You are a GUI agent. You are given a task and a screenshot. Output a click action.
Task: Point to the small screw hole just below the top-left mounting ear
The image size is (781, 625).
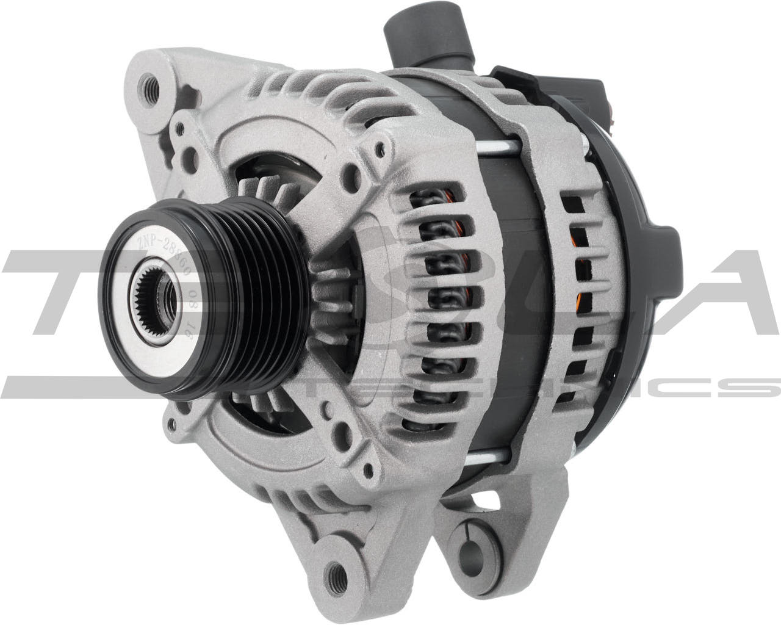point(179,130)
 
